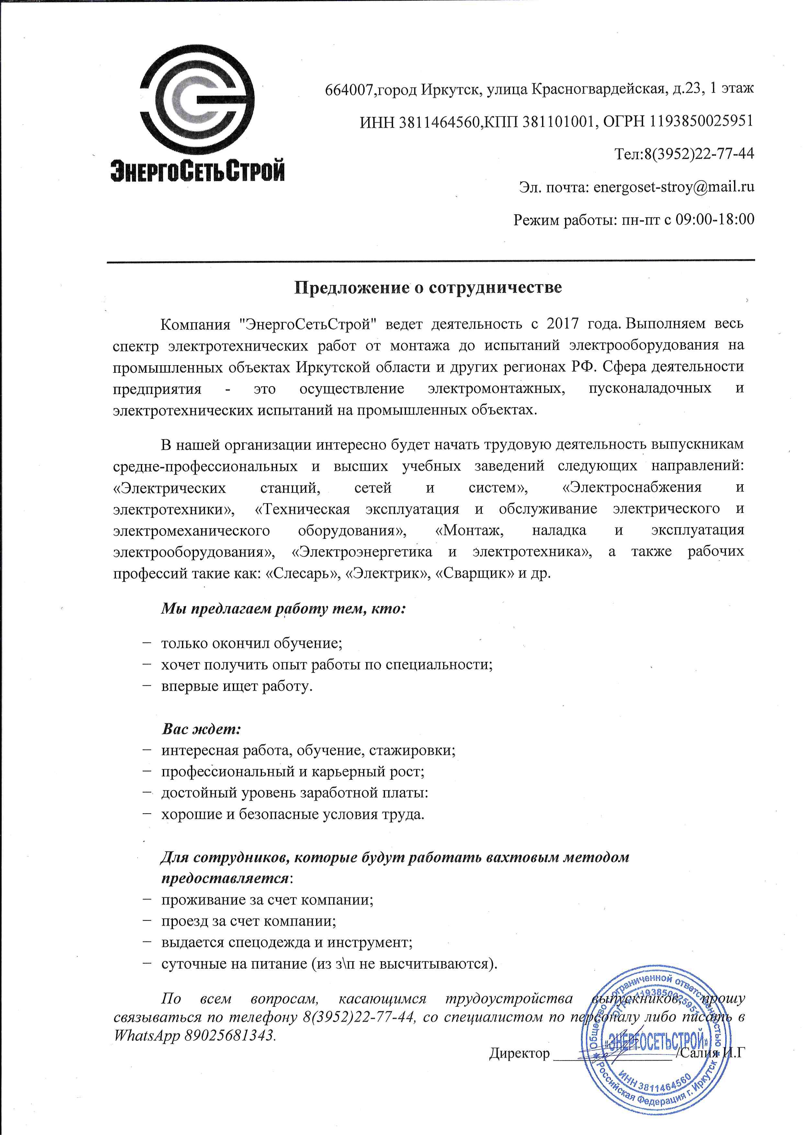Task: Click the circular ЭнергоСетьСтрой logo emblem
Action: point(197,105)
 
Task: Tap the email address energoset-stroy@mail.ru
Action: point(673,187)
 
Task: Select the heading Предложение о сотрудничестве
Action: point(428,288)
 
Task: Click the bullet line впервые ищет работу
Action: point(237,686)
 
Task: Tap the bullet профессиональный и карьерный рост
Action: point(293,772)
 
